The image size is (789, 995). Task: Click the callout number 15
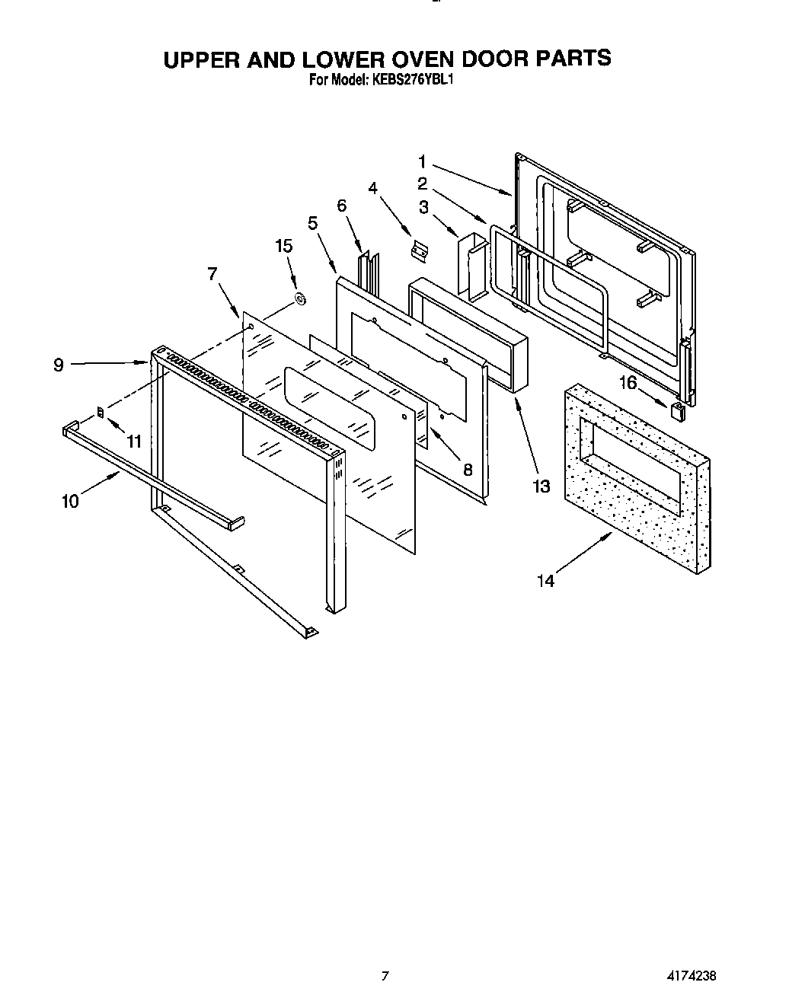[283, 246]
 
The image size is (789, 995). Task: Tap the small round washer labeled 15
[300, 299]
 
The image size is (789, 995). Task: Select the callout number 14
[545, 581]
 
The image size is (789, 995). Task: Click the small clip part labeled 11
[101, 413]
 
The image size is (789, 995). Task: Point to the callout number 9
[59, 365]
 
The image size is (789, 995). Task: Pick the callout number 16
[628, 382]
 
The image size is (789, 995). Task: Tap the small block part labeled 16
[677, 412]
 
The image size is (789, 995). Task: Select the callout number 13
[541, 486]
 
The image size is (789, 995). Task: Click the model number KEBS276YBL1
[414, 78]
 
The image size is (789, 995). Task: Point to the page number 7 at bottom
[385, 975]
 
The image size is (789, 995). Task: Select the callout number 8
[468, 470]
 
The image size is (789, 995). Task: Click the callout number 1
[422, 161]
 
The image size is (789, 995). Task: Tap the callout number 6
[341, 206]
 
